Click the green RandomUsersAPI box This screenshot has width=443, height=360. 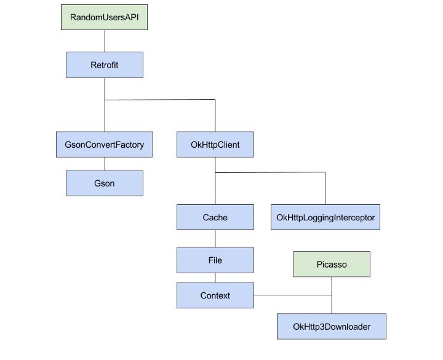(105, 17)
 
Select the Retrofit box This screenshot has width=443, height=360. (105, 65)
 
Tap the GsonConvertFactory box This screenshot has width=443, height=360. (104, 145)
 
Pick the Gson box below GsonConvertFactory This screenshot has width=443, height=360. (105, 183)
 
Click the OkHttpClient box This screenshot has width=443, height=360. (215, 145)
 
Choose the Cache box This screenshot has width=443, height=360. (215, 217)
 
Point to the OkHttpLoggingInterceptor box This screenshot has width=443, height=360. (325, 217)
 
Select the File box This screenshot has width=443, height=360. (215, 260)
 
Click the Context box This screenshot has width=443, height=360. (215, 295)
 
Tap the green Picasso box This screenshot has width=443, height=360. (332, 264)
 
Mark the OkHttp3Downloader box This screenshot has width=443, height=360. (332, 326)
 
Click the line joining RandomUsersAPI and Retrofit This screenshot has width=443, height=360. (105, 41)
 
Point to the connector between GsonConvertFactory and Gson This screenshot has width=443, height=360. (105, 164)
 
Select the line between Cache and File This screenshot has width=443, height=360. (215, 239)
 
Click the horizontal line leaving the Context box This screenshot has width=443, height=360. (292, 295)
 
